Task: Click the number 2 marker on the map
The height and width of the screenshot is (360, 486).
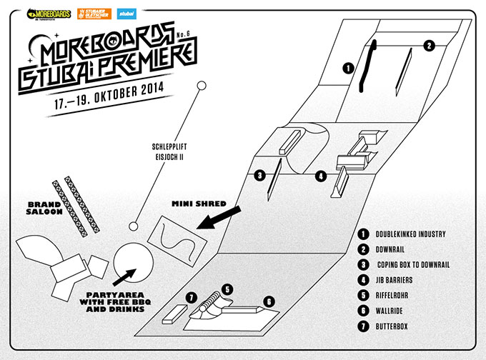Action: (x=430, y=45)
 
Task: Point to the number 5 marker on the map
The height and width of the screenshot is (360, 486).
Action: (x=227, y=289)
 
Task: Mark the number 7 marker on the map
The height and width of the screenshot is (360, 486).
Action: (x=191, y=296)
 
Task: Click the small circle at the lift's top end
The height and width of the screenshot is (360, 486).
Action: (x=202, y=86)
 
